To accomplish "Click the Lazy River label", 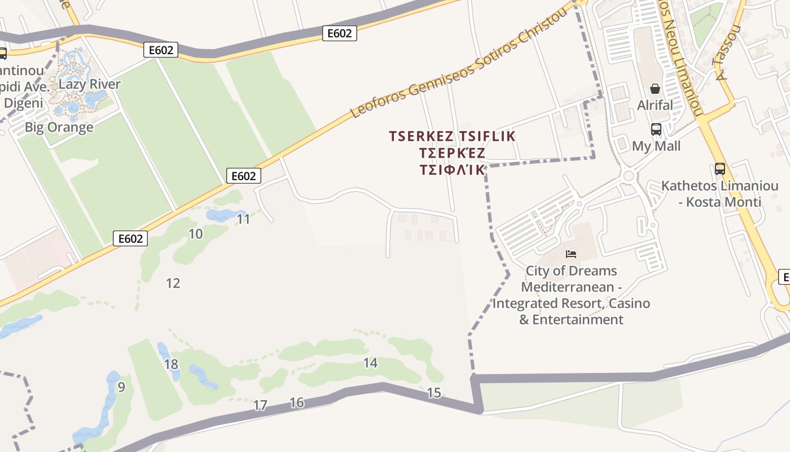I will tap(90, 84).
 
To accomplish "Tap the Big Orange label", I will tap(59, 127).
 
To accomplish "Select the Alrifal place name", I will tap(655, 105).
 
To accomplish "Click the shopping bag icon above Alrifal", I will tap(655, 89).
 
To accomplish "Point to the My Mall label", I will tap(656, 146).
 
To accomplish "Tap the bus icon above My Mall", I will tap(656, 129).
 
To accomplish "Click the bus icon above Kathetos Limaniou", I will tap(719, 168).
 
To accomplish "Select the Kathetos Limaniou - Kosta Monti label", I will tap(719, 194).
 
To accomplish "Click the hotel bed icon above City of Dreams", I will tap(571, 254).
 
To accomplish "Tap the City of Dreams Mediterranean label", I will tap(571, 295).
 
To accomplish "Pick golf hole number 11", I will tap(243, 219).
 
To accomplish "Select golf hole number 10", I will tap(195, 233).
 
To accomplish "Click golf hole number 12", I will tap(173, 283).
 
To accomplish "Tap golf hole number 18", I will tap(171, 364).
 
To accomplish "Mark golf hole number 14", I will tap(370, 363).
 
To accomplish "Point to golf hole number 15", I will tap(434, 393).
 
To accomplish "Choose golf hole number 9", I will tap(121, 387).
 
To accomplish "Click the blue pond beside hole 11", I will tap(223, 215).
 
